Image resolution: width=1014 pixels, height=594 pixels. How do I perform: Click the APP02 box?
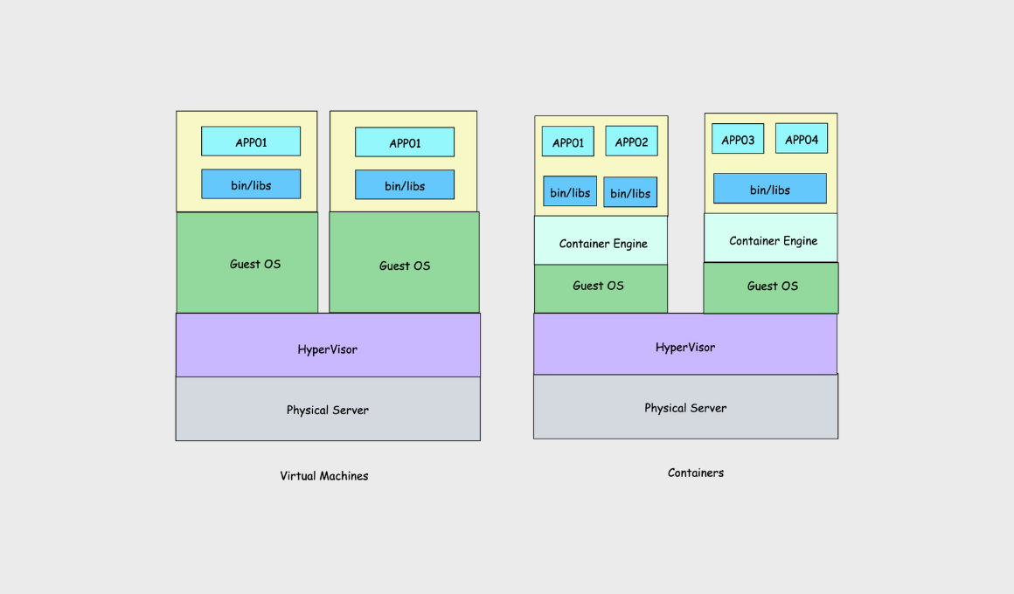click(631, 142)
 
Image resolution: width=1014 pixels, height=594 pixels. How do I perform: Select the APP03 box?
click(738, 139)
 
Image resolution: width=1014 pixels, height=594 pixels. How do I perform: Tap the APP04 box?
click(801, 139)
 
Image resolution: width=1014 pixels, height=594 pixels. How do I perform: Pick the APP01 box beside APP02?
click(568, 142)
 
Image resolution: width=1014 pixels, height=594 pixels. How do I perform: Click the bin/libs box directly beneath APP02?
click(630, 192)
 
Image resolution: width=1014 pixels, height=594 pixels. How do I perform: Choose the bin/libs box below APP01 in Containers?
click(570, 191)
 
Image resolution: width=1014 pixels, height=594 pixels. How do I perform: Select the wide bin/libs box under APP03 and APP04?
click(769, 189)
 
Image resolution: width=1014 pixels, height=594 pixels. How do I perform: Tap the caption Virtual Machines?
click(324, 476)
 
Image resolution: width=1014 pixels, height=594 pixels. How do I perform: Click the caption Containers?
click(696, 473)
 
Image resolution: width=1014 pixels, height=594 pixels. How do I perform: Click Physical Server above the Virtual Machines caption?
click(328, 409)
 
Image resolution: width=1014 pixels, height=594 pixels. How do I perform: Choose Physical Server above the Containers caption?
click(685, 407)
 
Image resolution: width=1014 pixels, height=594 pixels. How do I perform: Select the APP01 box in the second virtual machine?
click(405, 142)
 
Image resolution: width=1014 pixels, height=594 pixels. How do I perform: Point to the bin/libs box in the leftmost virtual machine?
click(251, 184)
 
